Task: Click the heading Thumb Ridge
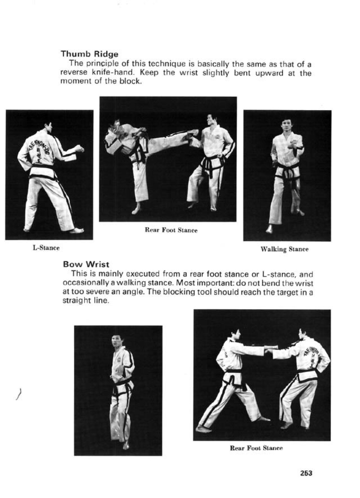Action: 89,53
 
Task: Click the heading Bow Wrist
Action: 86,264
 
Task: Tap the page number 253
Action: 306,473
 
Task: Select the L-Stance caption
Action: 46,248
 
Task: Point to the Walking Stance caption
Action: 284,249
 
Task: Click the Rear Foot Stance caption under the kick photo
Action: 171,230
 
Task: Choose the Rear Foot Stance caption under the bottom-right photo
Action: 256,448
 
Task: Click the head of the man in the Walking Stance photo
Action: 286,124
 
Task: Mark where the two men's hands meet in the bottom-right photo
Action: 271,349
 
